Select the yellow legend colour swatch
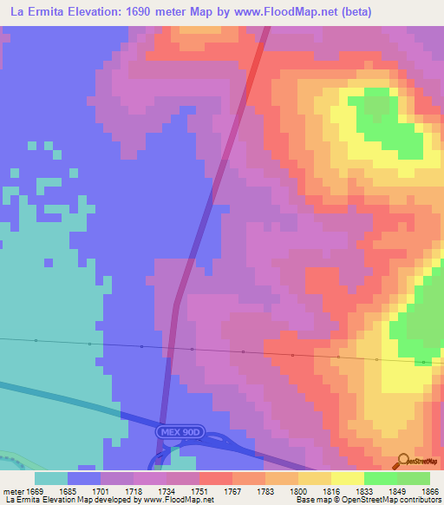point(347,478)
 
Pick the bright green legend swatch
point(380,478)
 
